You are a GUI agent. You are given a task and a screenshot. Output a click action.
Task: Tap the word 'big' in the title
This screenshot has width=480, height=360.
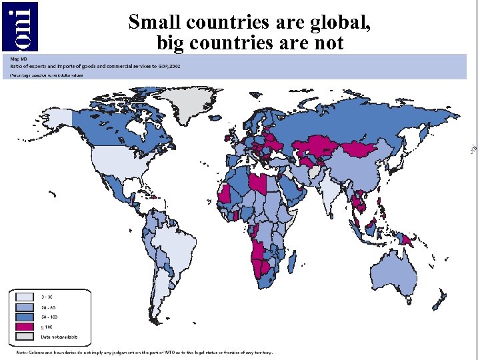(170, 43)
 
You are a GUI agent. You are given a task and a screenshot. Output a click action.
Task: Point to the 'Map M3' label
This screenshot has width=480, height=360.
(19, 59)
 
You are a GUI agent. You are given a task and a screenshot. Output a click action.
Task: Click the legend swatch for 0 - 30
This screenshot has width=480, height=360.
(24, 295)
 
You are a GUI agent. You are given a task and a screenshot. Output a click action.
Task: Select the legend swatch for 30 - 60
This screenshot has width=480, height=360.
(24, 307)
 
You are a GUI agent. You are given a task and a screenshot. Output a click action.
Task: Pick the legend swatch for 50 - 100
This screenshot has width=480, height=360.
(24, 317)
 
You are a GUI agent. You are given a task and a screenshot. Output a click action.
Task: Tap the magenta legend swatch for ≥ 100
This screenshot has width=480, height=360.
(24, 328)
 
